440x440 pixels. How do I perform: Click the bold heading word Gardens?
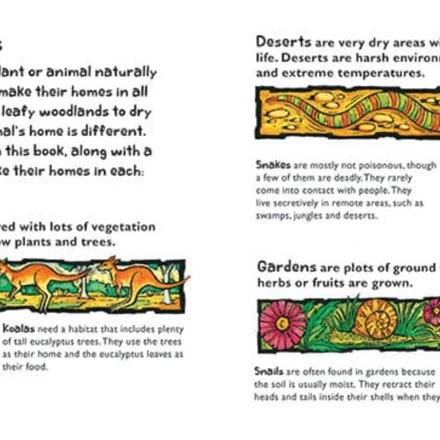coord(286,267)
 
